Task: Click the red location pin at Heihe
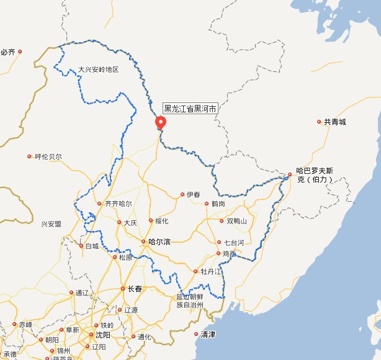tap(161, 122)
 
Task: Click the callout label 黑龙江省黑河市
tap(191, 109)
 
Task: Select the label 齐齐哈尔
tap(119, 204)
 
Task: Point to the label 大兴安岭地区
tap(97, 70)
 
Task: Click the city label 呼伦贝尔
tap(48, 156)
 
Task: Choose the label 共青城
tap(334, 122)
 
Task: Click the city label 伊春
tap(194, 195)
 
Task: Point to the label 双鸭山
tap(236, 221)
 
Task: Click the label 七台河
tap(234, 242)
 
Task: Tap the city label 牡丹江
tap(211, 272)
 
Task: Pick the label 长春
tap(135, 289)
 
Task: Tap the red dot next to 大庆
tap(119, 222)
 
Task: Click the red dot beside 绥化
tap(150, 221)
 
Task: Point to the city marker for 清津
tap(197, 335)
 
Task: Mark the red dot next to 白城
tap(81, 246)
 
